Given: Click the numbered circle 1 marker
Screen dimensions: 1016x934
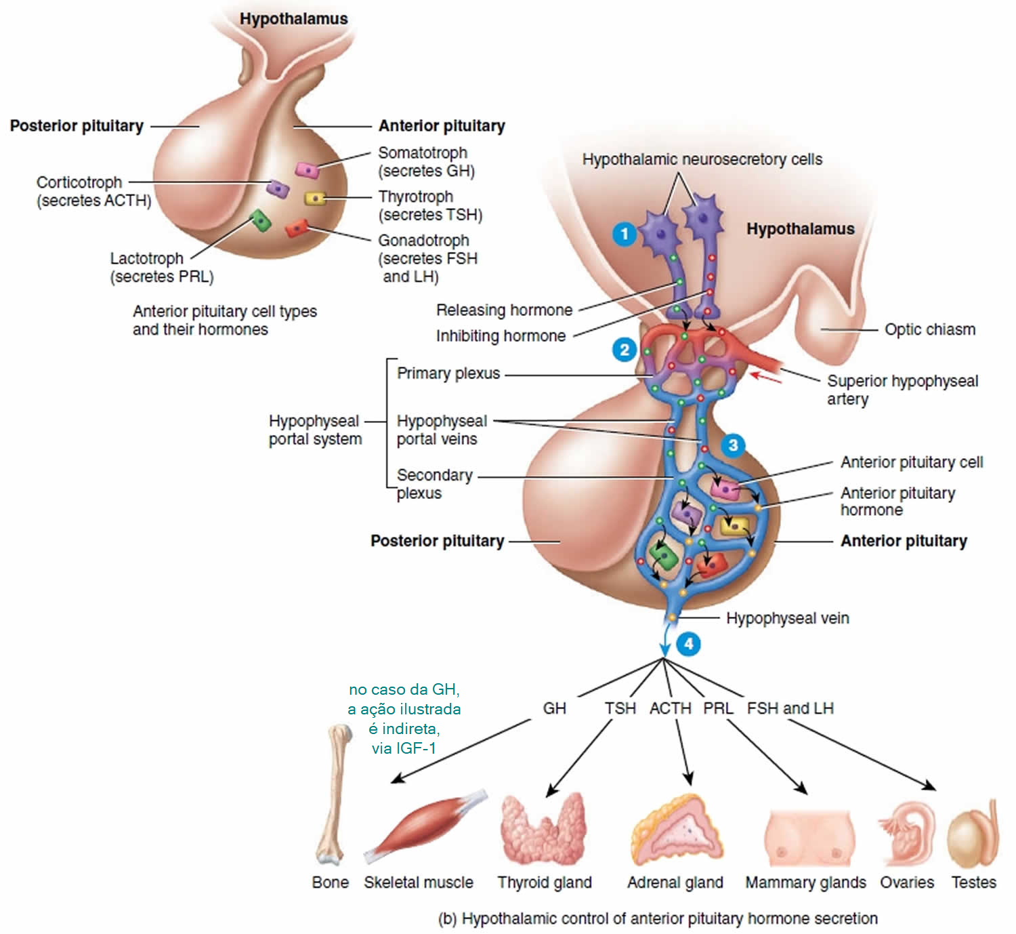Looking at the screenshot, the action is pyautogui.click(x=624, y=234).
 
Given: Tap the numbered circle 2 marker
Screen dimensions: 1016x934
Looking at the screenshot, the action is pyautogui.click(x=624, y=350).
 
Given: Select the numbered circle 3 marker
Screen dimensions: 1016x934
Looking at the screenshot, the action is pyautogui.click(x=732, y=446).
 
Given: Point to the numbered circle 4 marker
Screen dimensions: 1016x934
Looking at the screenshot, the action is pyautogui.click(x=688, y=644).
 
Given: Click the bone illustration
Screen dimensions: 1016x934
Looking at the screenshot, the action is pyautogui.click(x=333, y=794).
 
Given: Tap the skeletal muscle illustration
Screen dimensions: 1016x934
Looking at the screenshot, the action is pyautogui.click(x=425, y=826).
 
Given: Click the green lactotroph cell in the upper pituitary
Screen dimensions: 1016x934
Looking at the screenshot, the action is pyautogui.click(x=261, y=221).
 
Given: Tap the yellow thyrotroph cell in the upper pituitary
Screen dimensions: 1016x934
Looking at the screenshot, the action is pyautogui.click(x=315, y=199).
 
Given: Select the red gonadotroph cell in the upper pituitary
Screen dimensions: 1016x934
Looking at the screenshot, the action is pyautogui.click(x=297, y=228).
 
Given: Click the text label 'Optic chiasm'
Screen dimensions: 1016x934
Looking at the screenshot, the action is pyautogui.click(x=929, y=329).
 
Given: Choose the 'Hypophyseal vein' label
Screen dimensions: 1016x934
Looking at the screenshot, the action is pyautogui.click(x=787, y=618).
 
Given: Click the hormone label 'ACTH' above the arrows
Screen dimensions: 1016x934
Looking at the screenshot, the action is pyautogui.click(x=670, y=708).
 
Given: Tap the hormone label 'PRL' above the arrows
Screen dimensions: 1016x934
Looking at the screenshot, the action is pyautogui.click(x=718, y=708).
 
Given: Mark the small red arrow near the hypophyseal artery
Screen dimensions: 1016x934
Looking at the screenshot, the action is pyautogui.click(x=766, y=378).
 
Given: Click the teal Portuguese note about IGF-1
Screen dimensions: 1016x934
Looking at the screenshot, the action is pyautogui.click(x=404, y=718).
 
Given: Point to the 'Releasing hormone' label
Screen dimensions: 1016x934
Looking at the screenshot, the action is pyautogui.click(x=504, y=310).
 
